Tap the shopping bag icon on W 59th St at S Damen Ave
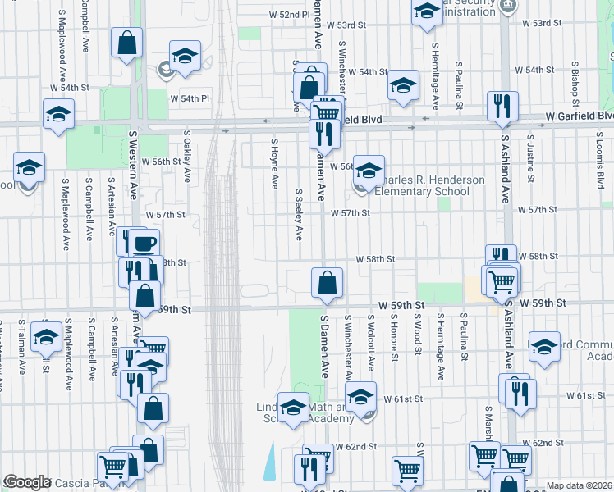[x=327, y=283]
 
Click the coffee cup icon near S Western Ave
[x=144, y=244]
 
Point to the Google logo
[x=26, y=482]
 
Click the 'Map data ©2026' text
[x=579, y=485]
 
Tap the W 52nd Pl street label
[x=289, y=15]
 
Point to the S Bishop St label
[x=575, y=84]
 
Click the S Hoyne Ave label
[x=274, y=162]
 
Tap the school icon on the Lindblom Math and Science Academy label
[x=293, y=408]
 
